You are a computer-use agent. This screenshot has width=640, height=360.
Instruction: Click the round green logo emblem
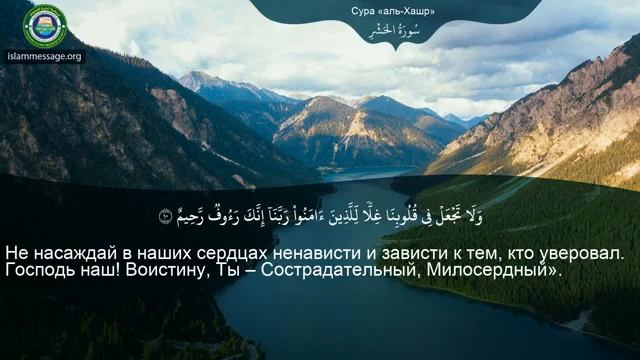(45, 25)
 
